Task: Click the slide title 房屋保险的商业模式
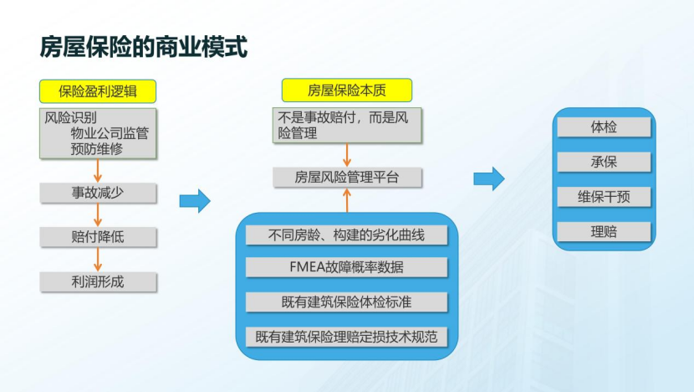pyautogui.click(x=144, y=47)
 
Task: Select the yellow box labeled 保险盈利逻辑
pyautogui.click(x=98, y=90)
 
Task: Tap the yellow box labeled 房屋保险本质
pyautogui.click(x=346, y=90)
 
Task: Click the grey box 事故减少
pyautogui.click(x=98, y=193)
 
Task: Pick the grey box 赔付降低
pyautogui.click(x=98, y=237)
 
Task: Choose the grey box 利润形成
pyautogui.click(x=98, y=281)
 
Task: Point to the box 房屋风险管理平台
pyautogui.click(x=346, y=177)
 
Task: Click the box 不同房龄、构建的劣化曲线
pyautogui.click(x=346, y=235)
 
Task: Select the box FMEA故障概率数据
pyautogui.click(x=346, y=268)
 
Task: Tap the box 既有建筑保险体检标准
pyautogui.click(x=346, y=302)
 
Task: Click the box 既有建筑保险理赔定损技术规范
pyautogui.click(x=346, y=337)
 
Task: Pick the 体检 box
pyautogui.click(x=604, y=127)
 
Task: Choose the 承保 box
pyautogui.click(x=604, y=162)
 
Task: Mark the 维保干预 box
pyautogui.click(x=604, y=197)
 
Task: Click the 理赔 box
pyautogui.click(x=604, y=232)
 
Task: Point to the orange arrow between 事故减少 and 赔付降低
pyautogui.click(x=98, y=215)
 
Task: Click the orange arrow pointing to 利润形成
pyautogui.click(x=98, y=260)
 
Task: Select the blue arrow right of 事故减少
pyautogui.click(x=195, y=200)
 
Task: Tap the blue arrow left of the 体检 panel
pyautogui.click(x=488, y=178)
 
